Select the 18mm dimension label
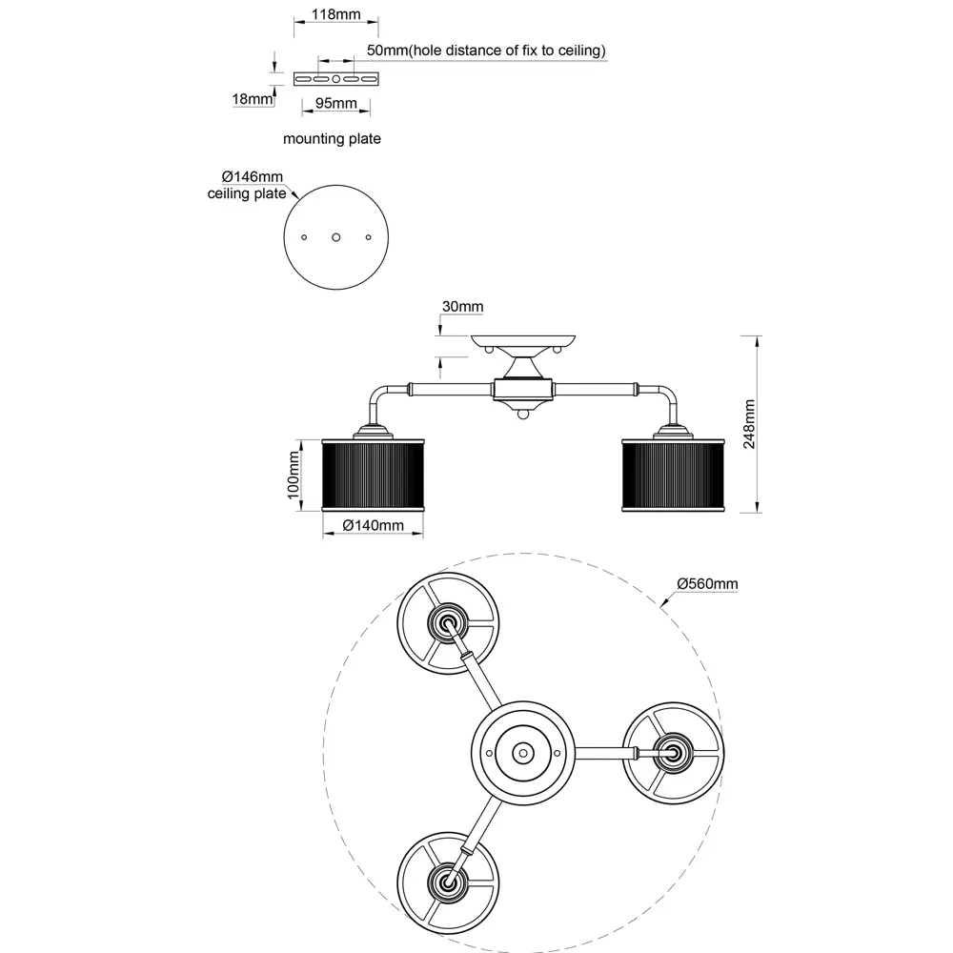click(251, 98)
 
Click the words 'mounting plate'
click(332, 139)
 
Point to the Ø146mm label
click(253, 177)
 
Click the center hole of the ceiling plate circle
click(335, 235)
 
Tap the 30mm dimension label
click(463, 306)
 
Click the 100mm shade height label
click(294, 474)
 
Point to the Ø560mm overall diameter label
click(707, 583)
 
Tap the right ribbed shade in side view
click(674, 474)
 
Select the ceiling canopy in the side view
click(525, 340)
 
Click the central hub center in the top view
click(522, 752)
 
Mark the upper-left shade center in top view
click(445, 623)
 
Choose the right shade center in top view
click(673, 752)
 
